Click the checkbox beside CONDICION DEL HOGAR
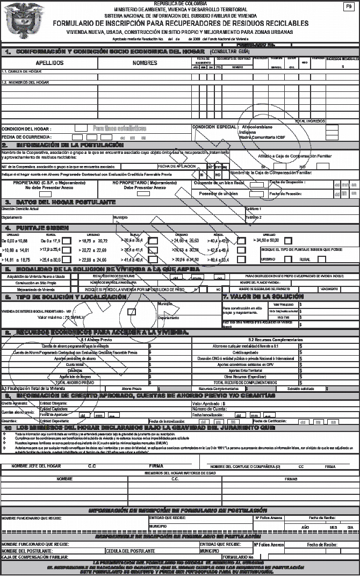click(x=80, y=128)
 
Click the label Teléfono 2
click(x=254, y=217)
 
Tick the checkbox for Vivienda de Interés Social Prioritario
click(x=131, y=311)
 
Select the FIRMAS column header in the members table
click(x=291, y=478)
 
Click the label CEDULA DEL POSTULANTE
click(x=131, y=551)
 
